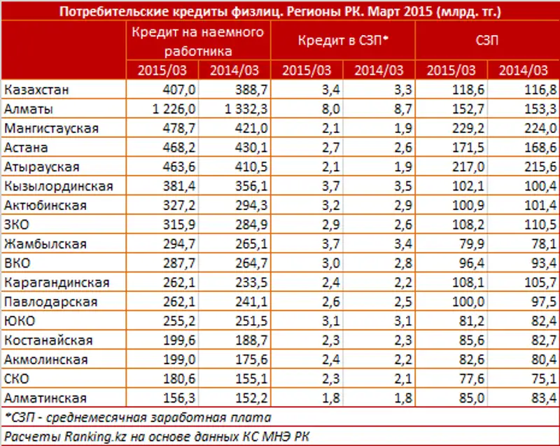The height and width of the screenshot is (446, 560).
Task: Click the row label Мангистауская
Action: pyautogui.click(x=51, y=129)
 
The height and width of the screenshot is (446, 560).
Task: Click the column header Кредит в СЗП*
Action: pyautogui.click(x=343, y=41)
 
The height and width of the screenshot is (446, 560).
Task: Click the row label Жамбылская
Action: pyautogui.click(x=45, y=244)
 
